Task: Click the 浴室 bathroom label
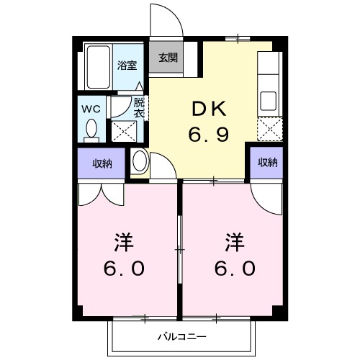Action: (128, 63)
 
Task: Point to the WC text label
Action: (91, 108)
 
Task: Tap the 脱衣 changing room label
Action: (140, 107)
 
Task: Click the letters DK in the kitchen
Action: (208, 109)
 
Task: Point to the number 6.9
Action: (209, 134)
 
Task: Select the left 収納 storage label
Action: (102, 163)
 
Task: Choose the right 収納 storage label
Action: (267, 163)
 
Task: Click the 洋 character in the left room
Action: (125, 240)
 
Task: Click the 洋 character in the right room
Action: (233, 240)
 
